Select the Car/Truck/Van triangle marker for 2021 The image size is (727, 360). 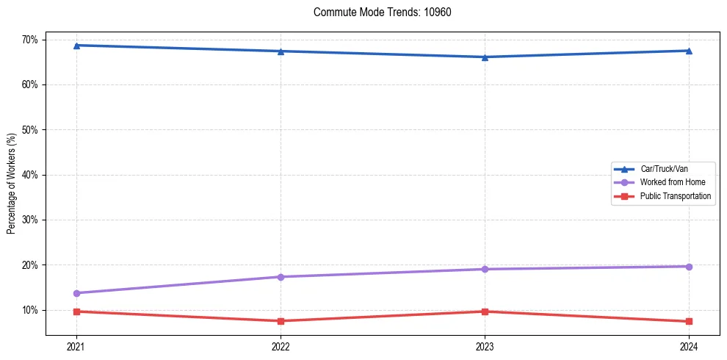[x=76, y=46]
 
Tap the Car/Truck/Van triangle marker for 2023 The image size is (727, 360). [x=485, y=57]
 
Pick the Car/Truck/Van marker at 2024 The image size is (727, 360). [x=689, y=51]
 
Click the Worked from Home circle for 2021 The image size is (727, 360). [x=76, y=293]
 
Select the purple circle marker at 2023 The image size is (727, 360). [x=485, y=269]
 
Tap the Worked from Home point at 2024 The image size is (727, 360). [x=689, y=267]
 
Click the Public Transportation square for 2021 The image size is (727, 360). [x=76, y=312]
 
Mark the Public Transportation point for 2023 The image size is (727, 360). [x=485, y=312]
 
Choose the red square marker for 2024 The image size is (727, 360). [x=689, y=321]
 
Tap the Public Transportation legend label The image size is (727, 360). [x=675, y=196]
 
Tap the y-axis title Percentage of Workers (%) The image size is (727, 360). [x=12, y=184]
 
